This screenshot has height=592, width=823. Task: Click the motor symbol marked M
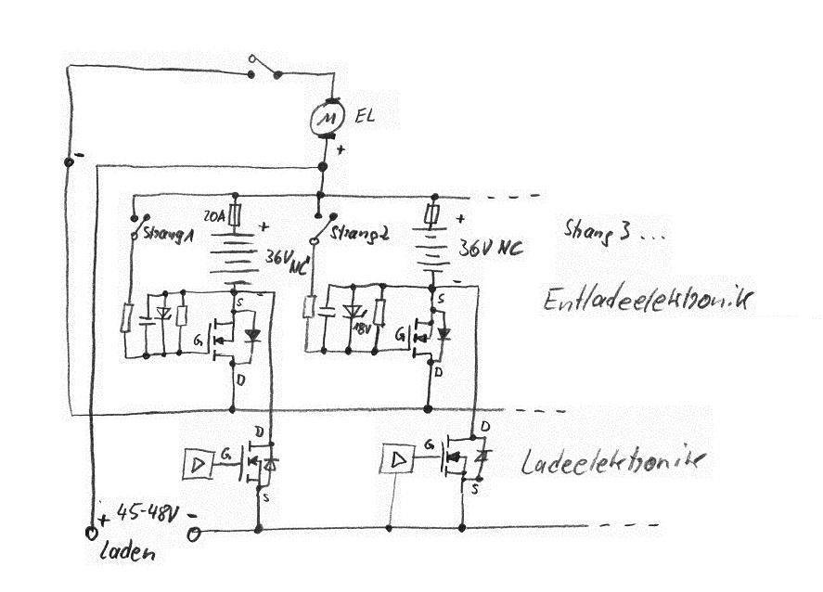[x=321, y=116]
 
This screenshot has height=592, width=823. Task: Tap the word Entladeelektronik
[x=647, y=300]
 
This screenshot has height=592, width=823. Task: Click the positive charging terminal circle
[x=91, y=534]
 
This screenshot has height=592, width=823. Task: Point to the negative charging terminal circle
[x=193, y=534]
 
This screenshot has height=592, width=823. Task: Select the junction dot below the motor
[x=322, y=167]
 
